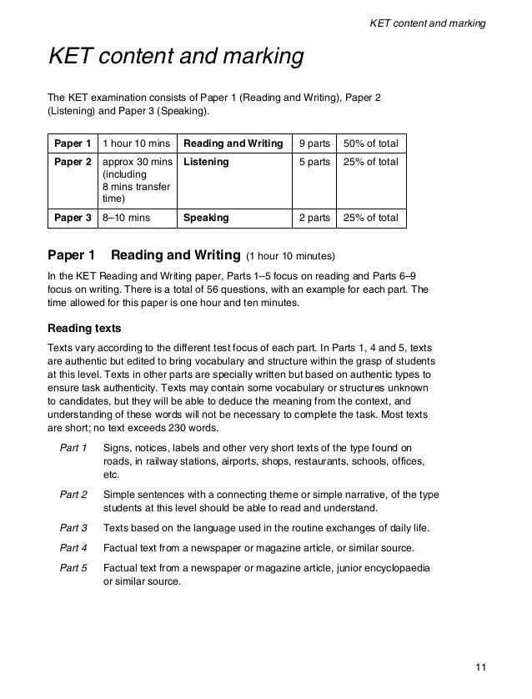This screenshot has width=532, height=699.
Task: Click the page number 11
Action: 479,665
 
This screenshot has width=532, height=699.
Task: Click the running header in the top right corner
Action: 426,23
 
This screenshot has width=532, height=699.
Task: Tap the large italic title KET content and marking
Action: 174,58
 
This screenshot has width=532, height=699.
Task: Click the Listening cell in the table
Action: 205,162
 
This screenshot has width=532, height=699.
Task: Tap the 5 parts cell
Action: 314,162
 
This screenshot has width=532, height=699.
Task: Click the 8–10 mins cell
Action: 126,219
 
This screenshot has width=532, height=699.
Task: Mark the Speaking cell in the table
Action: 207,219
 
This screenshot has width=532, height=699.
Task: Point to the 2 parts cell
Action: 314,219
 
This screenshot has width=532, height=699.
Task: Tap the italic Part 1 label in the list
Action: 74,448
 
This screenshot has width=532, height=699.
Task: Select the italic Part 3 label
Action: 74,527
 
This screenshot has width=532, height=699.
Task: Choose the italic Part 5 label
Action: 74,567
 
